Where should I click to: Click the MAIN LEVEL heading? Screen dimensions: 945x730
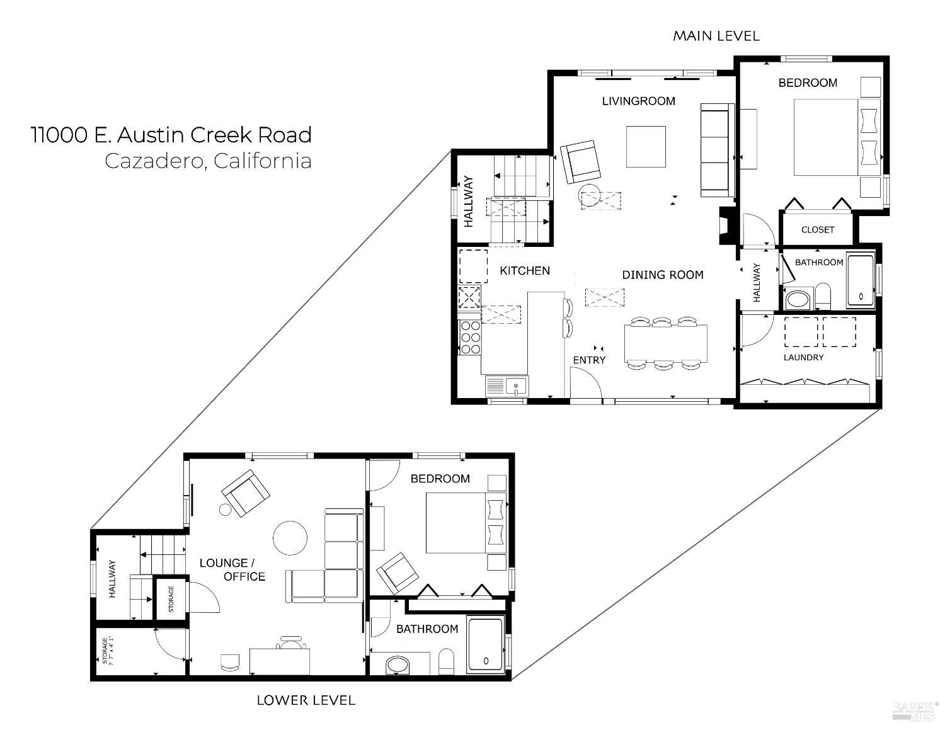click(716, 36)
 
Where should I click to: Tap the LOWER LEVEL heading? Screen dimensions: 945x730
click(306, 700)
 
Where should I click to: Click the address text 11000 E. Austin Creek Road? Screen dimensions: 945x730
click(171, 135)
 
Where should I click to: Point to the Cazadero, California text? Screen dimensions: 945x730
click(209, 161)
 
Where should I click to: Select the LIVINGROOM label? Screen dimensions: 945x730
click(638, 101)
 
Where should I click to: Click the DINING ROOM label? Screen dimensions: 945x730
click(663, 275)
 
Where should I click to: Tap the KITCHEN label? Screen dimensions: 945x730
click(525, 271)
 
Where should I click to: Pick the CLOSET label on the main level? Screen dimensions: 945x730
click(818, 229)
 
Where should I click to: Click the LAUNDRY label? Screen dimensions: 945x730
click(803, 357)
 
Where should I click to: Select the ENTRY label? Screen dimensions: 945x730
click(589, 360)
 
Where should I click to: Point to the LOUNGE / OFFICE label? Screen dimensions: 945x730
click(232, 569)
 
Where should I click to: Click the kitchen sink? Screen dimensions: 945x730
click(517, 386)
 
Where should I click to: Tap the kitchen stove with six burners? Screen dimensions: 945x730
click(470, 338)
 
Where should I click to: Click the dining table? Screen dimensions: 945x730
click(666, 343)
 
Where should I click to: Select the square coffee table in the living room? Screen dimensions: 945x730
click(646, 147)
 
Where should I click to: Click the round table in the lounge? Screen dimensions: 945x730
click(290, 538)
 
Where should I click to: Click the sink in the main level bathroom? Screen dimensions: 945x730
click(798, 300)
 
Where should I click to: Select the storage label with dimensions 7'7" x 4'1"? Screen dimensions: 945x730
click(108, 651)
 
